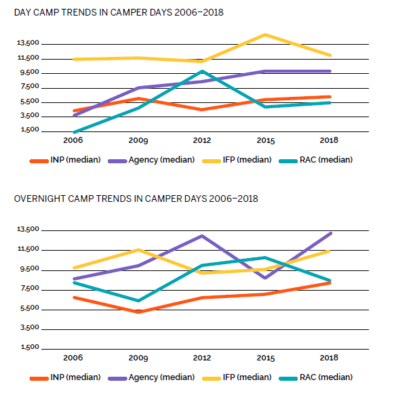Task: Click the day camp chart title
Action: tap(119, 12)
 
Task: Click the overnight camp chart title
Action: tap(136, 199)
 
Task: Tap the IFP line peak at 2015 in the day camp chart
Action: tap(265, 35)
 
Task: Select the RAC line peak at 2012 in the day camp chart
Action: tap(202, 71)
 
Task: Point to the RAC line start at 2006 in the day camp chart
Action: tap(75, 132)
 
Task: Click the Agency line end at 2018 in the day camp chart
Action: tap(330, 71)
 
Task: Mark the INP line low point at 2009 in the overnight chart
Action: tap(138, 312)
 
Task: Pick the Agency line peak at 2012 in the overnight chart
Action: tap(202, 236)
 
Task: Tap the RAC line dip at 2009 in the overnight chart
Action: tap(138, 301)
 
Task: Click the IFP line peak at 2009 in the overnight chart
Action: tap(138, 249)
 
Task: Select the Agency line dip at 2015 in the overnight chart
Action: tap(265, 278)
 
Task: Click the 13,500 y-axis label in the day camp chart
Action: tap(28, 43)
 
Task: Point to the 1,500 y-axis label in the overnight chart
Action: tap(30, 347)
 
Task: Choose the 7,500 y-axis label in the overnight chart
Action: tap(30, 288)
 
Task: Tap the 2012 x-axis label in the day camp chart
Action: tap(202, 140)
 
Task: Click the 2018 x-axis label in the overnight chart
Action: tap(329, 358)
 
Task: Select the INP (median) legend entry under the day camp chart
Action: tap(65, 160)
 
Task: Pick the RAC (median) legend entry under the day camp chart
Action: tap(315, 160)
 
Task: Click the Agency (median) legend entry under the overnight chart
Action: tap(151, 377)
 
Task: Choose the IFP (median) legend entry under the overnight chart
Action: tap(237, 377)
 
